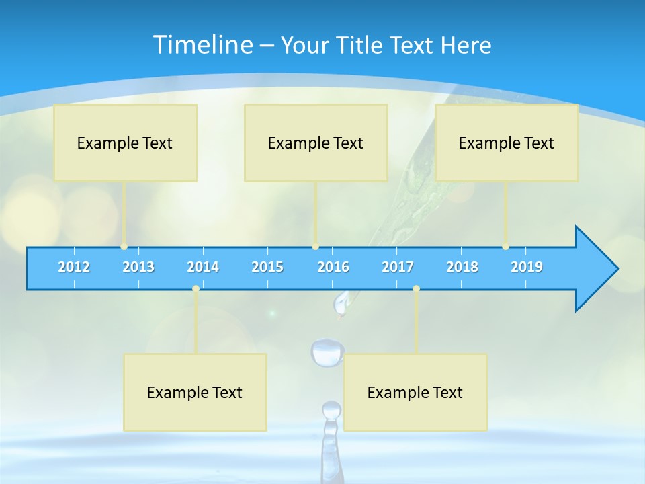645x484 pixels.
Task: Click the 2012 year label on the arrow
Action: point(74,267)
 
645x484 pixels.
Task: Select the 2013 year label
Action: point(138,267)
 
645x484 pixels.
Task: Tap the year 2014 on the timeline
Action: point(203,267)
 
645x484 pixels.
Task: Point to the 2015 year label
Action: point(267,267)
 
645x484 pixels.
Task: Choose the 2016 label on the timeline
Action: point(333,267)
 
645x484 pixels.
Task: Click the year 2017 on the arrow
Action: point(398,267)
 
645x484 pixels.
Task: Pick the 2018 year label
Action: point(462,267)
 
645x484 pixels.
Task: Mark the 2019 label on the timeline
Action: point(527,267)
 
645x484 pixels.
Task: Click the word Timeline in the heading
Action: point(201,45)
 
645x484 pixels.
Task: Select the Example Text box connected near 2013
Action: point(125,143)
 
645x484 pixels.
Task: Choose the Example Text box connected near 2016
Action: point(316,143)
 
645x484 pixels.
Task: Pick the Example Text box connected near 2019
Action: point(507,143)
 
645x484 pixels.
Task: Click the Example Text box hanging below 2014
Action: point(195,392)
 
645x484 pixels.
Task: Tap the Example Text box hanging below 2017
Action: point(415,392)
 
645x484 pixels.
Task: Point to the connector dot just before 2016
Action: point(315,247)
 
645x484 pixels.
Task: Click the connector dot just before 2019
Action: point(505,247)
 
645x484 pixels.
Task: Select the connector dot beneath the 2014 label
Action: point(196,288)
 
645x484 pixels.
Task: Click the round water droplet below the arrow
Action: point(327,353)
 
